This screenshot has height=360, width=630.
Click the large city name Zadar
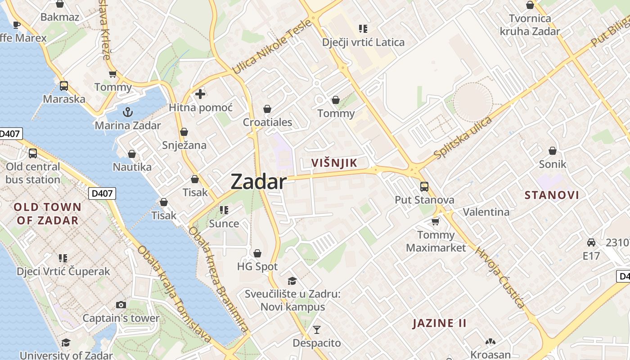(258, 182)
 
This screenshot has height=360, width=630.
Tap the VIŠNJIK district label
(334, 163)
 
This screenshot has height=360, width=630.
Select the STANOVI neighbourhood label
(552, 195)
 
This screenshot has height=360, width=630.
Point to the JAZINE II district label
(439, 323)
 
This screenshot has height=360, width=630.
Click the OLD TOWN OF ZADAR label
(48, 214)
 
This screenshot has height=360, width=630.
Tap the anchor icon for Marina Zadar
(128, 111)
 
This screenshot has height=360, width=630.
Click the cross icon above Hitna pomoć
(200, 94)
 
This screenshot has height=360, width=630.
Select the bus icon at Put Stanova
(424, 186)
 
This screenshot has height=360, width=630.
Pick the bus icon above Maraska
(64, 85)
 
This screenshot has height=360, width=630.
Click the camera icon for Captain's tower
(121, 305)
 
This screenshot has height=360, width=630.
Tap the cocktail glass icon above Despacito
(317, 330)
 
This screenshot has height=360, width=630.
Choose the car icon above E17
(591, 242)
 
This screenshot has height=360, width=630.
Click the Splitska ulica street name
(463, 138)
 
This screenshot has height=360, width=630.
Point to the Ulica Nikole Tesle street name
(272, 46)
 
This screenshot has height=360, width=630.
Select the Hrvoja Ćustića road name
(500, 278)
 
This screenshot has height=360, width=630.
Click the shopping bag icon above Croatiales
(267, 109)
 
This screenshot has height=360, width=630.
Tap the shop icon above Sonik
(552, 151)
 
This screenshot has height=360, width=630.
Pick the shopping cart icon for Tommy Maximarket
(435, 221)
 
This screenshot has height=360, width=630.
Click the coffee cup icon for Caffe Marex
(17, 25)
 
